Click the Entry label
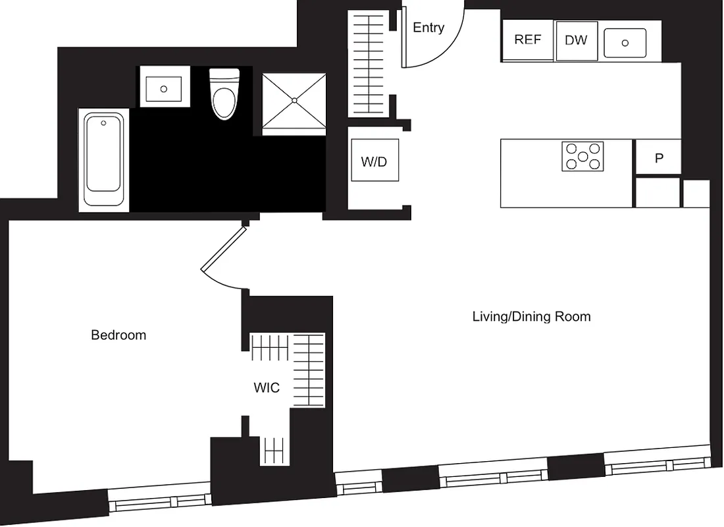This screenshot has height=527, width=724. click(x=428, y=28)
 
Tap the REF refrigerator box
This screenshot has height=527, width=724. click(x=527, y=40)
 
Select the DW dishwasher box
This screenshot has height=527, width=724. click(x=576, y=40)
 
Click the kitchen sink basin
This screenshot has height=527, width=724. click(x=625, y=43)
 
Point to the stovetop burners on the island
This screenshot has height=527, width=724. click(x=582, y=156)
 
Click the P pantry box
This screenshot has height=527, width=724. click(x=658, y=157)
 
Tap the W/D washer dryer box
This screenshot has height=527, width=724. click(x=374, y=161)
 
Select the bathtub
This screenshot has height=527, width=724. click(x=103, y=160)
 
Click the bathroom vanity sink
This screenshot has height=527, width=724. click(x=164, y=88)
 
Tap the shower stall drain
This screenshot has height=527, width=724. click(x=294, y=100)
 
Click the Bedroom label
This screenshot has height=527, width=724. click(x=118, y=335)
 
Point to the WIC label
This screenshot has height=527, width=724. click(x=267, y=388)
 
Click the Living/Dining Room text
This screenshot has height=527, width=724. click(x=531, y=317)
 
